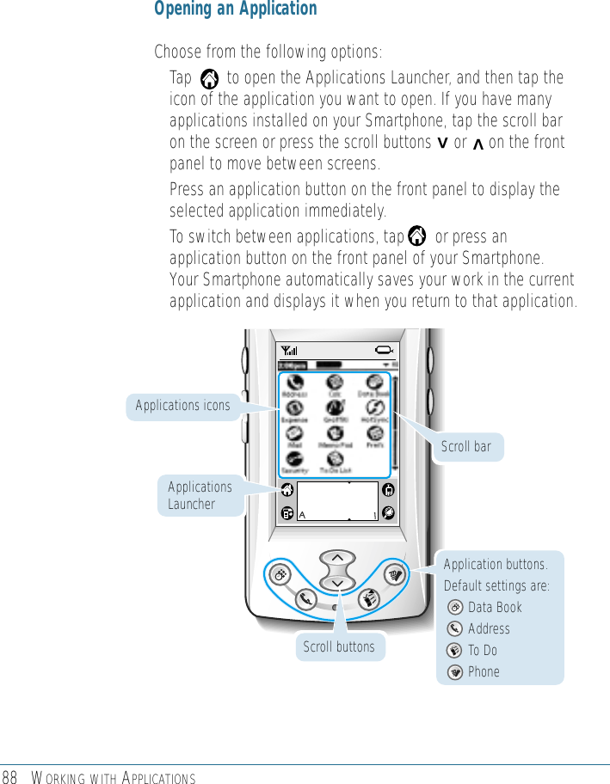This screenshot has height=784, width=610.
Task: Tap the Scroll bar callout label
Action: click(465, 446)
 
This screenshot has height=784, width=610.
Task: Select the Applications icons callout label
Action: click(182, 406)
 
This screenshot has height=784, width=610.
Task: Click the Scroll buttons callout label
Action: click(338, 646)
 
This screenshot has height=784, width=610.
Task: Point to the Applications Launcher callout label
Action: click(200, 495)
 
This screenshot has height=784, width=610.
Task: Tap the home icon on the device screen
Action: click(285, 491)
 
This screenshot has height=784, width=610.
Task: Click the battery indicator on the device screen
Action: click(384, 350)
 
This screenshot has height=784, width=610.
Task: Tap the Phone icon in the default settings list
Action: click(455, 672)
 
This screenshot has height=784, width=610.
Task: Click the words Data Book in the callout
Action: click(495, 607)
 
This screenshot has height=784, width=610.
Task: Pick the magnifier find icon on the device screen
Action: click(389, 512)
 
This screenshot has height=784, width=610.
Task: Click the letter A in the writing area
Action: click(302, 515)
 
